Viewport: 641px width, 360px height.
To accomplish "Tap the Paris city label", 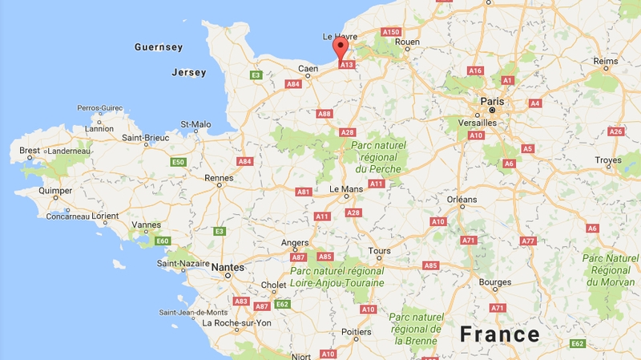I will pyautogui.click(x=493, y=101).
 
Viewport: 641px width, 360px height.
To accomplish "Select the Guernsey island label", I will pyautogui.click(x=159, y=47).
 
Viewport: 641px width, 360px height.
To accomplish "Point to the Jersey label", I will pyautogui.click(x=189, y=72).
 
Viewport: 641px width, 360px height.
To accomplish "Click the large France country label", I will pyautogui.click(x=500, y=334).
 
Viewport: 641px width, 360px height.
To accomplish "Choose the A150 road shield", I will pyautogui.click(x=390, y=31).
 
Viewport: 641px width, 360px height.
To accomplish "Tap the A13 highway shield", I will pyautogui.click(x=347, y=65).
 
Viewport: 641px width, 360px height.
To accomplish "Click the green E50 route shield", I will pyautogui.click(x=179, y=162).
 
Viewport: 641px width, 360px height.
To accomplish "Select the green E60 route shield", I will pyautogui.click(x=163, y=241).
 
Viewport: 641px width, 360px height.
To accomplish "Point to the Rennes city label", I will pyautogui.click(x=219, y=178).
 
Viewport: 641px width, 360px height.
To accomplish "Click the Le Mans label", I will pyautogui.click(x=346, y=189).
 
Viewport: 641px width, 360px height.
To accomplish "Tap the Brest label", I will pyautogui.click(x=29, y=150).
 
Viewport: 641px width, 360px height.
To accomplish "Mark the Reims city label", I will pyautogui.click(x=606, y=62).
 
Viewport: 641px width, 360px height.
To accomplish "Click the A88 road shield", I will pyautogui.click(x=324, y=114).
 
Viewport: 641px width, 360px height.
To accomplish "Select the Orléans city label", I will pyautogui.click(x=462, y=199).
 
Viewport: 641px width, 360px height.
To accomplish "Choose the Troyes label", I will pyautogui.click(x=608, y=160).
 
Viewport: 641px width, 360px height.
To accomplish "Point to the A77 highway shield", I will pyautogui.click(x=527, y=241).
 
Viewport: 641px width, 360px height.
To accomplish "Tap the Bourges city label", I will pyautogui.click(x=494, y=282).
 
